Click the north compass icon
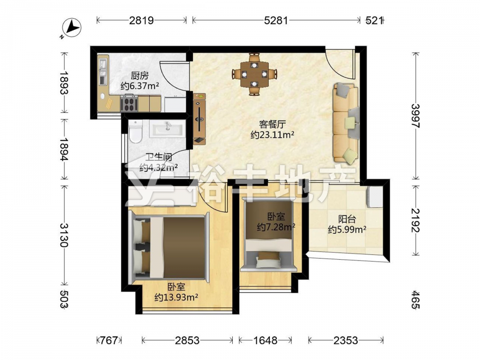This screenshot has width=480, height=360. point(72,28)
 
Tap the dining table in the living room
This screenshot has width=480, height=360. point(254,74)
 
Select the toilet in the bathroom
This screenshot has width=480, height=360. point(135,132)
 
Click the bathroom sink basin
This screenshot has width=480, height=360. point(168,129)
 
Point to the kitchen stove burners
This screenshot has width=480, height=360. point(129,103)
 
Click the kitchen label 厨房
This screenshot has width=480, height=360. point(140,76)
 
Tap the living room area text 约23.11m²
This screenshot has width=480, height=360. point(273,134)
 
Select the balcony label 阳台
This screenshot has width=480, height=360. point(347,219)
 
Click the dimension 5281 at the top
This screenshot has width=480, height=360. point(276,21)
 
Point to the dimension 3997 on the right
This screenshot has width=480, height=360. point(415,116)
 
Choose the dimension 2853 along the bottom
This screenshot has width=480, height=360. point(187,340)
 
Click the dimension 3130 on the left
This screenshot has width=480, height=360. point(64,235)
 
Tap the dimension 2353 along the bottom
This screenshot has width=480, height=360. point(346,340)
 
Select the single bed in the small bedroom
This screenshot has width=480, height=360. point(269,235)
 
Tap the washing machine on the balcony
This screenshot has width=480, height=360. point(375,197)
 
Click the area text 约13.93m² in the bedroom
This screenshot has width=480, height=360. point(176,297)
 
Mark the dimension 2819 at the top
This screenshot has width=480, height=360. point(141,21)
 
